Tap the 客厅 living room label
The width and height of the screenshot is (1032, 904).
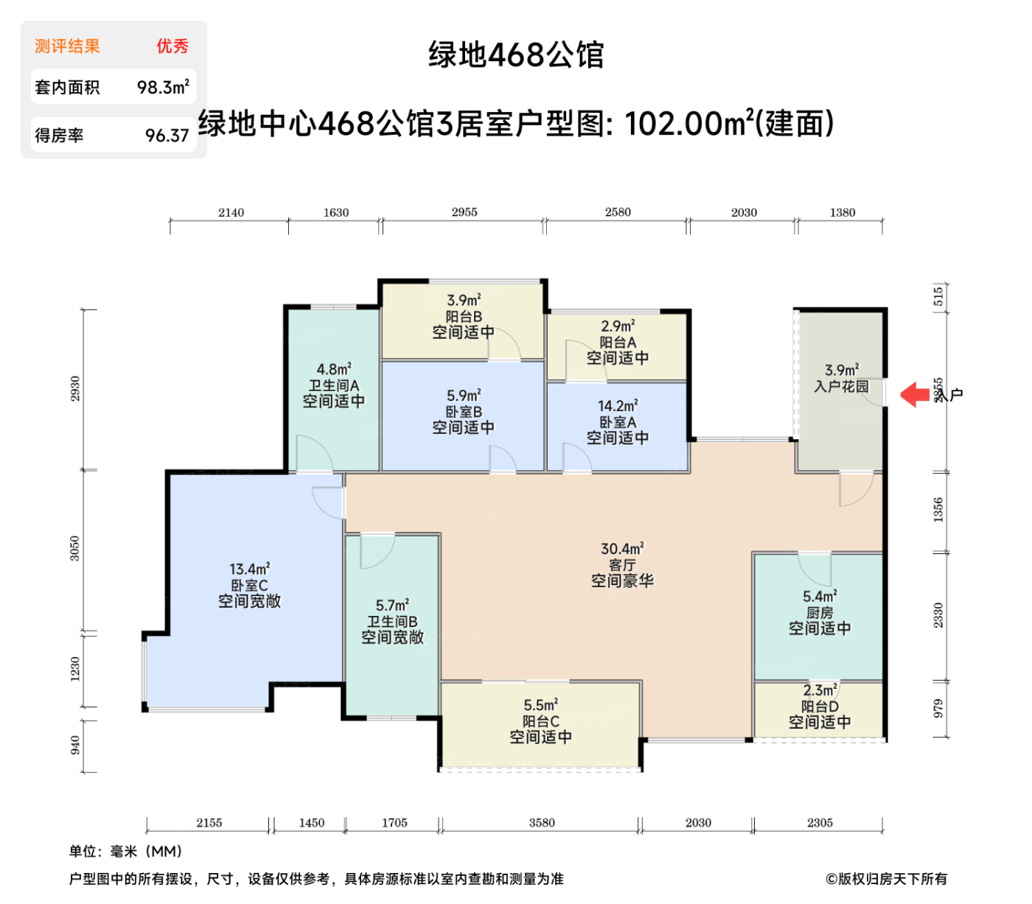(622, 565)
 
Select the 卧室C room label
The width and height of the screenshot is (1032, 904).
(249, 585)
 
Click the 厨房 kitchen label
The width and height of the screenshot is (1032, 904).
(820, 612)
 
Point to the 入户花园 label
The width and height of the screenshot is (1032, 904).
(841, 386)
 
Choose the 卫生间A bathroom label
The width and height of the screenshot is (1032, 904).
(333, 385)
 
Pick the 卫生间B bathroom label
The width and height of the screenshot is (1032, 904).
(392, 621)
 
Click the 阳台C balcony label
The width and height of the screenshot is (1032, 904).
(540, 721)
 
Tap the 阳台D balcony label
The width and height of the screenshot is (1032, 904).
(820, 707)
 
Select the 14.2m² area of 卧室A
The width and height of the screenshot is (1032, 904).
(618, 406)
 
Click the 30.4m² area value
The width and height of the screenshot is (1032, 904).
(622, 549)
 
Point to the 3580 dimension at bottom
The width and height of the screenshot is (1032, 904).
(542, 823)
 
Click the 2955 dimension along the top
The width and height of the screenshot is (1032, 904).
(464, 212)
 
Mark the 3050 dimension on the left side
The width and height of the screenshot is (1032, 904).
(75, 549)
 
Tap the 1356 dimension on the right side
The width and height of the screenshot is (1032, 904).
(938, 510)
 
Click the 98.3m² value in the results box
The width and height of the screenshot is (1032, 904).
(163, 88)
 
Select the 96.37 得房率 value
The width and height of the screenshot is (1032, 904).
(167, 136)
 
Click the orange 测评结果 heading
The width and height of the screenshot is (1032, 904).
(67, 46)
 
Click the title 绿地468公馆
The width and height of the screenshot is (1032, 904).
(516, 55)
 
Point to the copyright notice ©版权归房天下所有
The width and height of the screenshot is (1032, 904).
(886, 879)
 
